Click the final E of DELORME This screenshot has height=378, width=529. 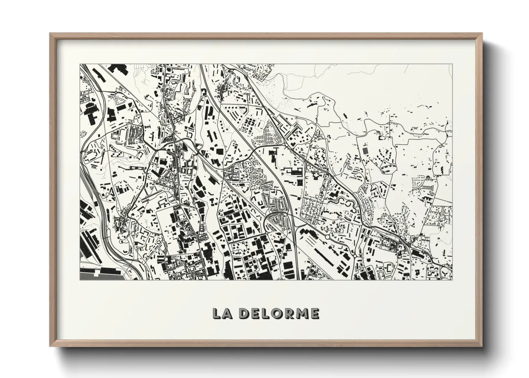pyautogui.click(x=315, y=313)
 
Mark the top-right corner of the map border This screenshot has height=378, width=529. pyautogui.click(x=452, y=65)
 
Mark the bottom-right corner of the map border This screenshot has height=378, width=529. pyautogui.click(x=452, y=280)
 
